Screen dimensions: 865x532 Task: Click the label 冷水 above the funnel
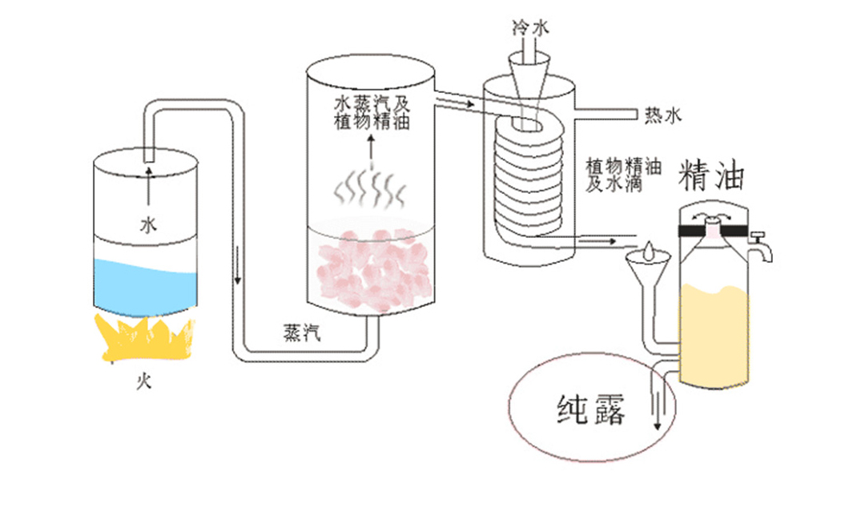click(x=531, y=27)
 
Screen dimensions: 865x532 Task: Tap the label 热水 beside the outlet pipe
click(x=664, y=115)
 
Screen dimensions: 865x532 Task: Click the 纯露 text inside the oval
click(x=591, y=409)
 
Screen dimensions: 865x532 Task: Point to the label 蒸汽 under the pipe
click(x=302, y=332)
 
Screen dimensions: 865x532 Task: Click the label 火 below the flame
click(x=144, y=381)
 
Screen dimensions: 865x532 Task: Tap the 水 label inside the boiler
click(x=148, y=224)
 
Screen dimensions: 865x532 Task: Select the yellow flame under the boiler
click(x=144, y=337)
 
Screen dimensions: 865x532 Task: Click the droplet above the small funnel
click(x=648, y=251)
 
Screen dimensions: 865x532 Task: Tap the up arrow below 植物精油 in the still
click(x=372, y=150)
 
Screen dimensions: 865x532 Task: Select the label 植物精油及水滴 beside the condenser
click(x=623, y=175)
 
